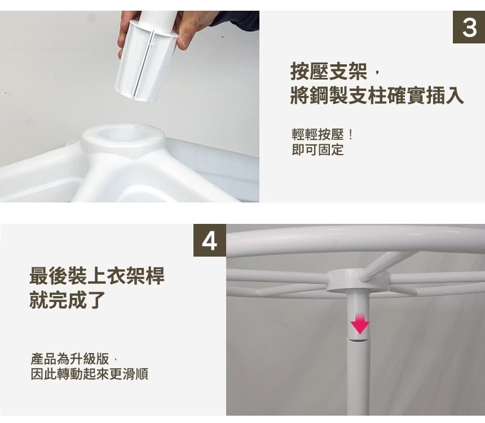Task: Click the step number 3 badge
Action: pos(469,27)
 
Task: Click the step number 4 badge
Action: pos(210,240)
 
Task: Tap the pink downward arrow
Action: pos(360,324)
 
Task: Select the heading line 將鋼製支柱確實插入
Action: pos(377,95)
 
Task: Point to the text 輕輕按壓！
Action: pos(322,135)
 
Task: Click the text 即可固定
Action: pos(318,149)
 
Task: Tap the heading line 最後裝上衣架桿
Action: pos(97,276)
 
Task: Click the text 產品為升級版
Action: pos(70,359)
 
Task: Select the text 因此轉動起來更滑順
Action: pos(90,374)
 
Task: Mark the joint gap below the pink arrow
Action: pos(360,340)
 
